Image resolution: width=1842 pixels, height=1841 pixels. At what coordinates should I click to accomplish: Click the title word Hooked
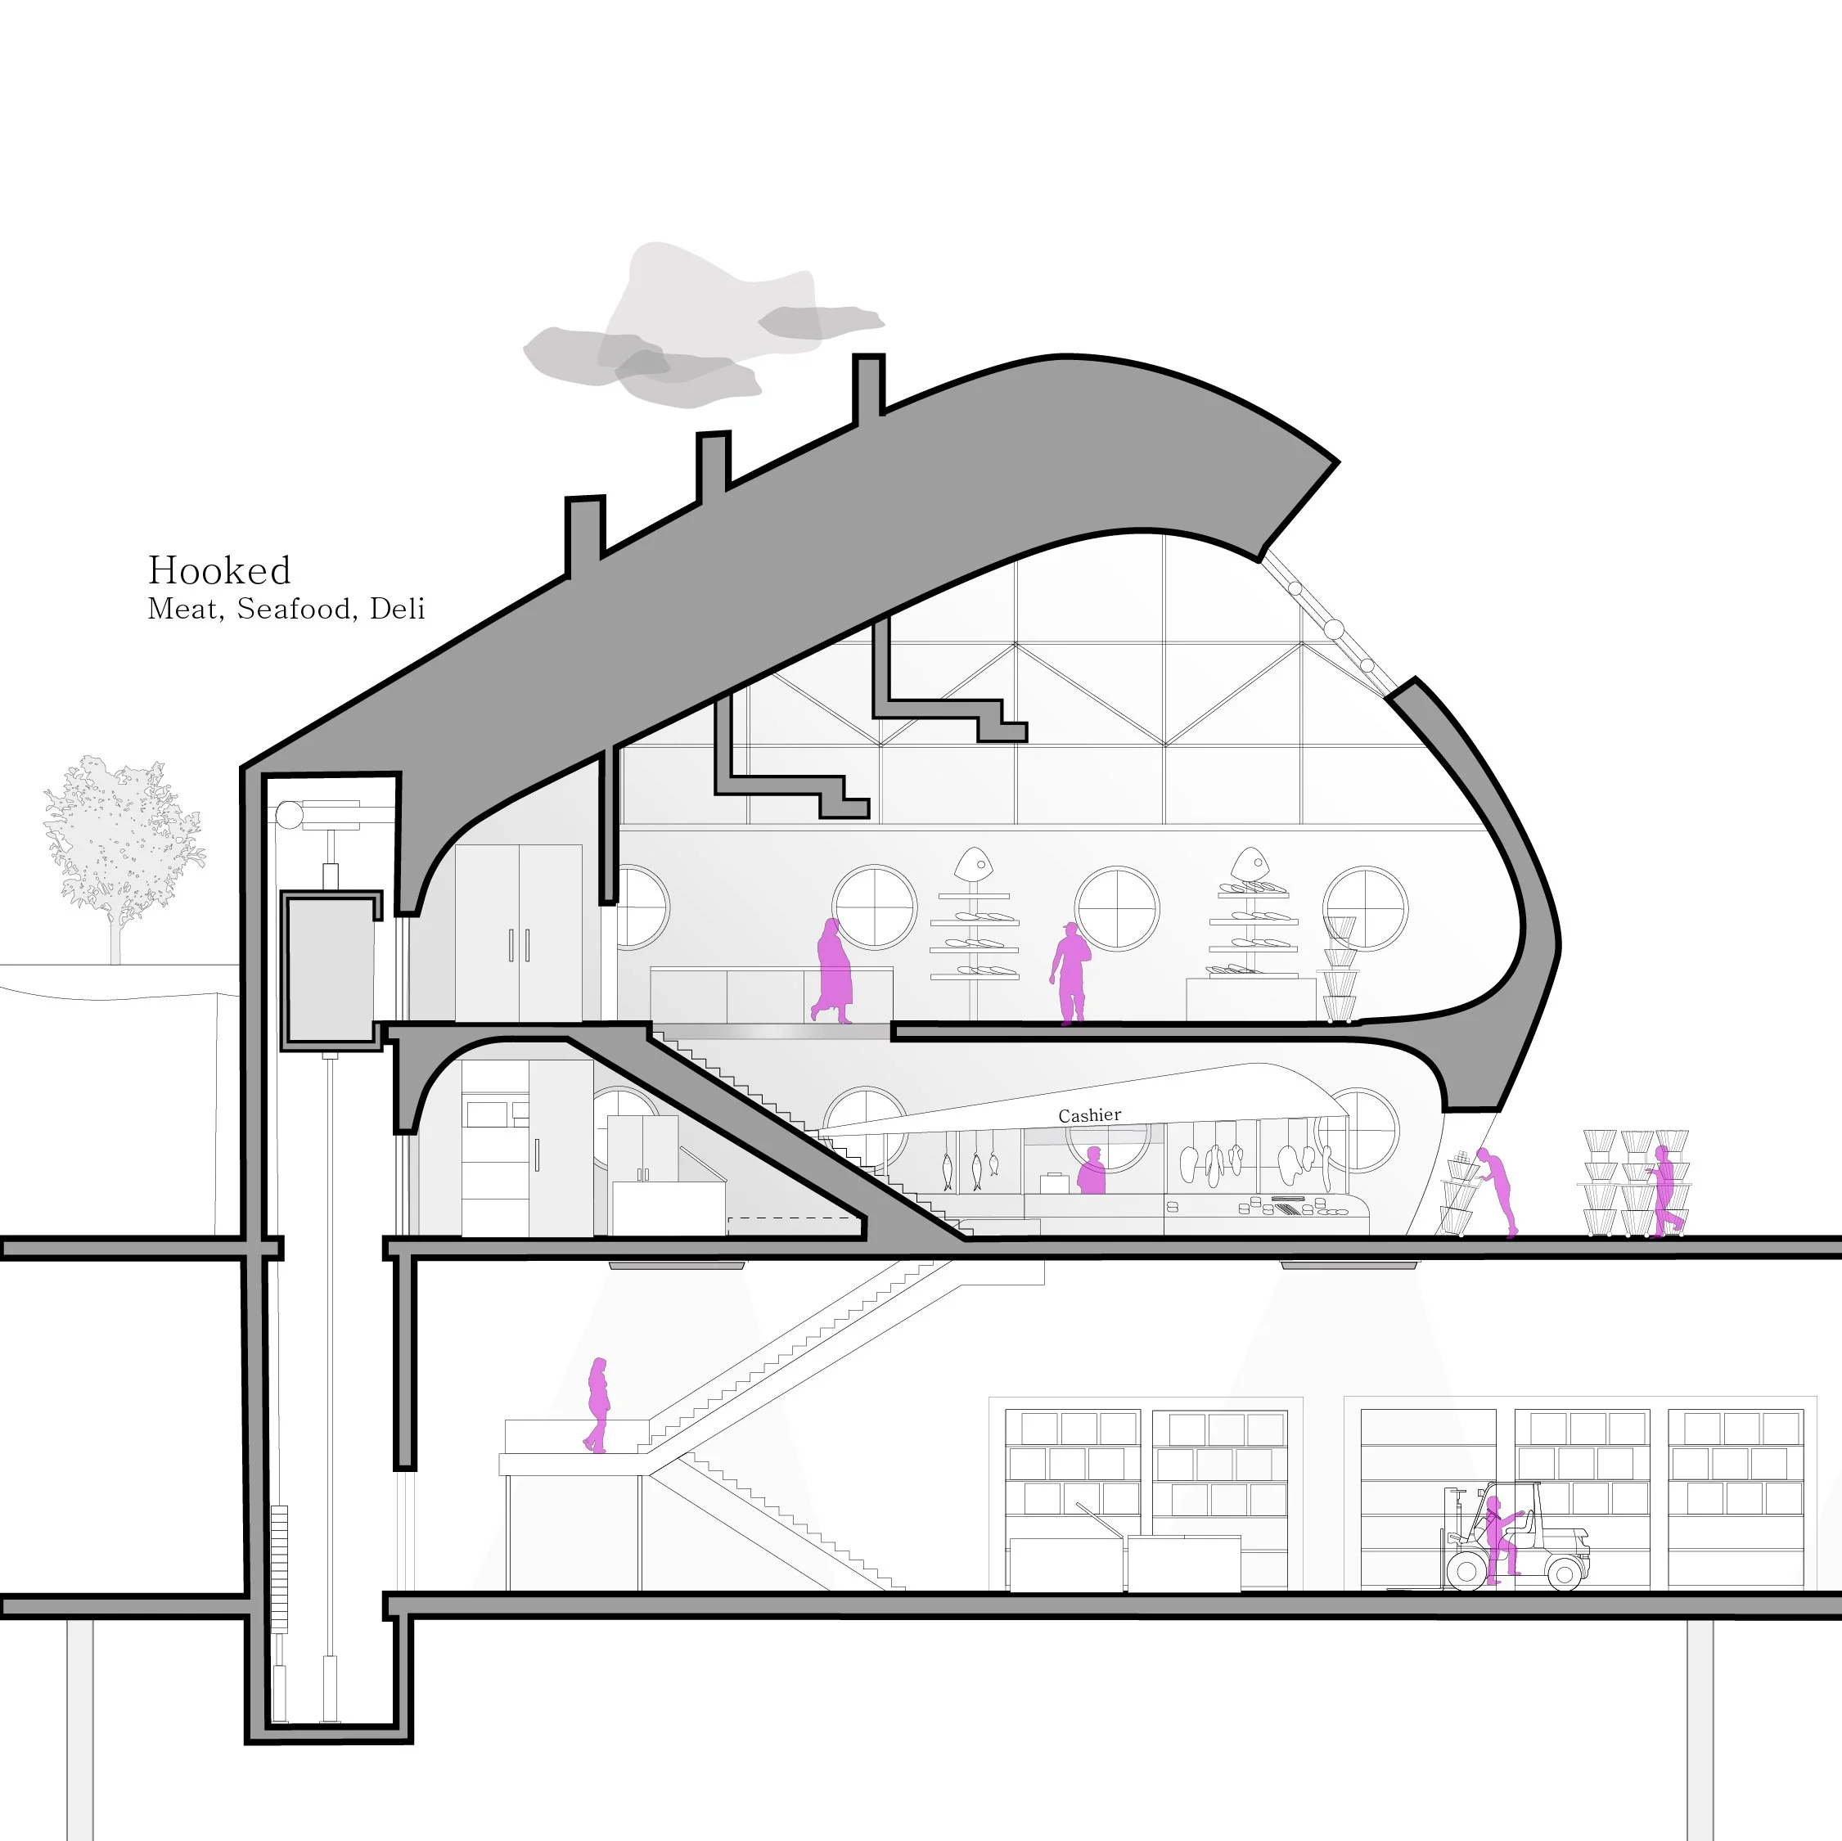coord(219,571)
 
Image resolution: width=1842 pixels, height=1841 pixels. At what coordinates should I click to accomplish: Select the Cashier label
coord(1089,1115)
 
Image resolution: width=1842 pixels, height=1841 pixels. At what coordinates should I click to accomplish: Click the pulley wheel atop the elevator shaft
coord(289,816)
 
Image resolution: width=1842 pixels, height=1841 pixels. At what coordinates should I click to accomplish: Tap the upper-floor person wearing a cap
coord(1070,974)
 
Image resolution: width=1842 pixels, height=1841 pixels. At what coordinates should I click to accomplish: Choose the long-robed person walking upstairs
coord(833,970)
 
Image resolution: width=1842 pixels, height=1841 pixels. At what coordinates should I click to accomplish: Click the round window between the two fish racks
coord(1116,908)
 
